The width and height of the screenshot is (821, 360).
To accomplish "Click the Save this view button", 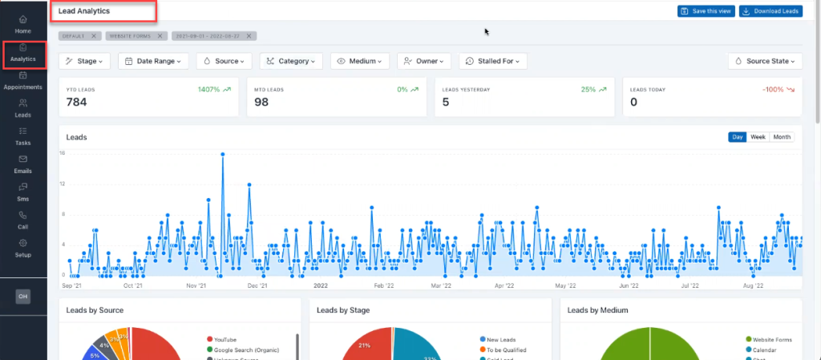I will (x=705, y=11).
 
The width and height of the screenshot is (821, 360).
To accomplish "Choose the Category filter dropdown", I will (x=291, y=61).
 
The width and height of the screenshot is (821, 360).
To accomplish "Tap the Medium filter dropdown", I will (x=359, y=61).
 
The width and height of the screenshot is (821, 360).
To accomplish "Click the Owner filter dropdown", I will (x=424, y=61).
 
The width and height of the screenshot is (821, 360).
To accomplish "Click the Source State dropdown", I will (x=765, y=61).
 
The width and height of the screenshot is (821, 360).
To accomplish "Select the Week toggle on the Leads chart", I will (x=758, y=137).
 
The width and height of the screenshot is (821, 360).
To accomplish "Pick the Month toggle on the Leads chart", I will (x=782, y=137).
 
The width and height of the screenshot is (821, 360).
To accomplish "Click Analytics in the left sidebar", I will (x=23, y=53).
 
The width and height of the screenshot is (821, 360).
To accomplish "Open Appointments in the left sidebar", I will (x=23, y=80).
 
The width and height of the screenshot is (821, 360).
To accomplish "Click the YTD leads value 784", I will (x=77, y=103).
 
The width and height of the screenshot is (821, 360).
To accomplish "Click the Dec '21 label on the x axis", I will (x=257, y=285).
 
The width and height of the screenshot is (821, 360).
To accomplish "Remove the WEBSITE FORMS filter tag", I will (x=160, y=36).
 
